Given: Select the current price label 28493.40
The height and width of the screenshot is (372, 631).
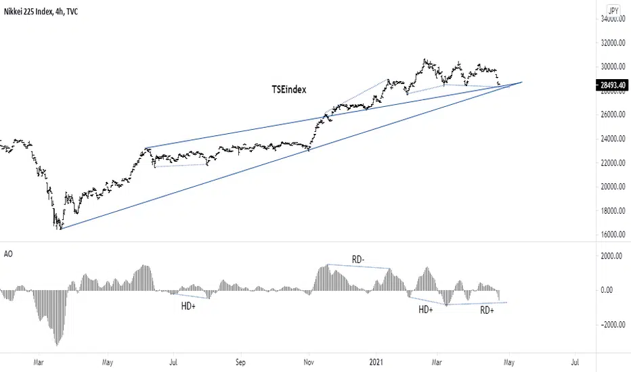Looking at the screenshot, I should click(x=613, y=85).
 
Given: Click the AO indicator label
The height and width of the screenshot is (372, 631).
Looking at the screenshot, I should click(x=8, y=254).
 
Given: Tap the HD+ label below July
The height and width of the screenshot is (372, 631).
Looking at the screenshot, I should click(x=190, y=306).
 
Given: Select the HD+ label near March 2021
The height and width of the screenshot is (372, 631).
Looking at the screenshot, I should click(x=426, y=310).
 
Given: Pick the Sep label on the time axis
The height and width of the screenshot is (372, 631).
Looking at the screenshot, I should click(x=240, y=362).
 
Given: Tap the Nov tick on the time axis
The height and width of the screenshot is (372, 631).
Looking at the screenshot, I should click(x=308, y=362).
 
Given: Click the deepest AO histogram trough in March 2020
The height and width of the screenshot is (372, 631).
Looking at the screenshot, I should click(x=56, y=344).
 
